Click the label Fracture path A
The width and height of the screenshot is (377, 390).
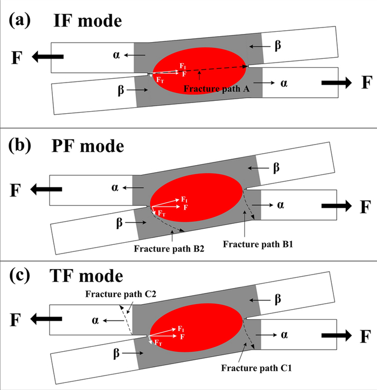(x=216, y=90)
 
